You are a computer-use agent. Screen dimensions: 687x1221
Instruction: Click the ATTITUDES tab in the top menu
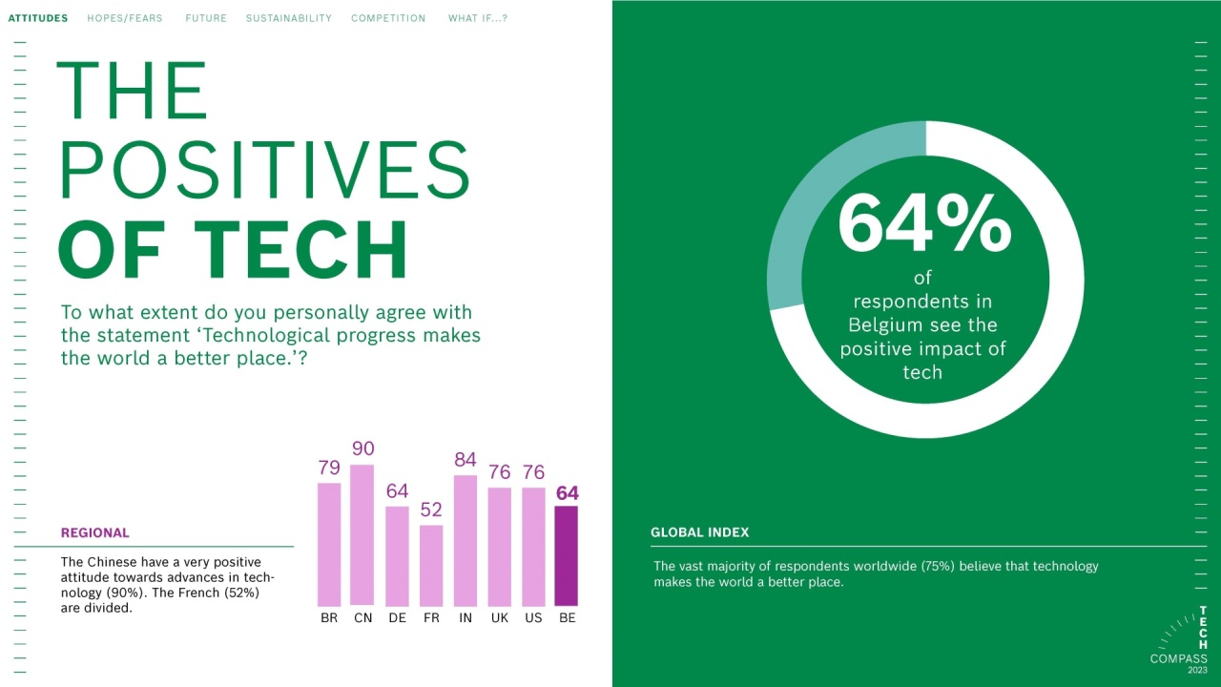[38, 18]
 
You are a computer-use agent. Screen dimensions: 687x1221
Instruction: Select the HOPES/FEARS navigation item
[125, 18]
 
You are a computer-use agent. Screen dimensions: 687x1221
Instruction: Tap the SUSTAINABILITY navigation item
[289, 18]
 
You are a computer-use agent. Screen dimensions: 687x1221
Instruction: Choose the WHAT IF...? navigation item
[478, 18]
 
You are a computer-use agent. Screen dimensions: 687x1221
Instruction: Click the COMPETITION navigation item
[388, 18]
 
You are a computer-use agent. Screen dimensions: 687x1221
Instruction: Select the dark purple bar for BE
[567, 555]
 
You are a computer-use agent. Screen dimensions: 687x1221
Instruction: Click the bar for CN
[362, 534]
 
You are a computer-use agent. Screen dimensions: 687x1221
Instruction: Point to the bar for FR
[431, 565]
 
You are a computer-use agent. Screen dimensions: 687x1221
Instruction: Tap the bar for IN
[466, 540]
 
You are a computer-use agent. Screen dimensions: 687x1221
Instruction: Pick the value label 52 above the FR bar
[431, 510]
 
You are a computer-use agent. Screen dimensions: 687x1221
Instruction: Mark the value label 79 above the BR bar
[329, 468]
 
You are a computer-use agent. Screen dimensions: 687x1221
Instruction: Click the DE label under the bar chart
[397, 618]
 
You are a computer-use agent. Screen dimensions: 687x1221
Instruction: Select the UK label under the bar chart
[499, 618]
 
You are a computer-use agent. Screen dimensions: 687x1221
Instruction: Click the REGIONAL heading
[95, 533]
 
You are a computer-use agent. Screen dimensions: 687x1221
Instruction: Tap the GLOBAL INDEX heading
[700, 532]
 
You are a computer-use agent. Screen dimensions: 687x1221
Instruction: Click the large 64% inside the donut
[924, 225]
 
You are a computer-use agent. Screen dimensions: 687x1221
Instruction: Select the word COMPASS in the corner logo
[1178, 658]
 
